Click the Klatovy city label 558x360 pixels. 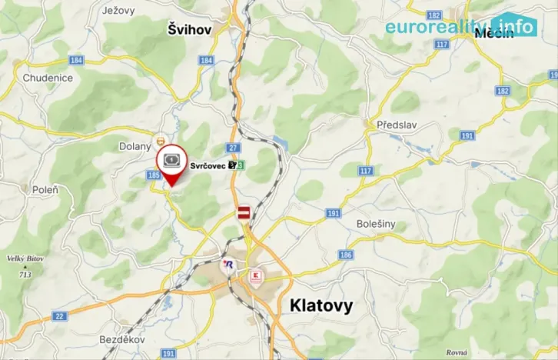(x=321, y=305)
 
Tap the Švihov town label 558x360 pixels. (x=191, y=29)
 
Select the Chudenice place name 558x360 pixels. (x=48, y=78)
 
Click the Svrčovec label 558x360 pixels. (x=208, y=165)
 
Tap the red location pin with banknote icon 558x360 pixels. (x=172, y=164)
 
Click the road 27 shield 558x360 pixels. (x=234, y=148)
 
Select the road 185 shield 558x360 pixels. (x=154, y=175)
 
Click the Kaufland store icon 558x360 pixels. (x=254, y=274)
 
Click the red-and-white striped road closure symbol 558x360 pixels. (x=244, y=212)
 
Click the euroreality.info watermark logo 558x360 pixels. (x=460, y=26)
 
